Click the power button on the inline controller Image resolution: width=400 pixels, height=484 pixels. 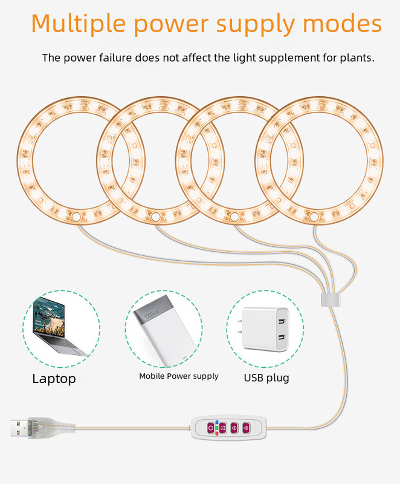211,428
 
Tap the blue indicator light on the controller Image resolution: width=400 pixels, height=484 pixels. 218,423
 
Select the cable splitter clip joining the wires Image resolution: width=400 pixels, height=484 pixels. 329,299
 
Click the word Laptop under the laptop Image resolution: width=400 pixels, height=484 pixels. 54,379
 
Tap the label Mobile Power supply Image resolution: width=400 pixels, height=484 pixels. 179,376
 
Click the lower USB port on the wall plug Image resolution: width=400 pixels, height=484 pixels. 281,337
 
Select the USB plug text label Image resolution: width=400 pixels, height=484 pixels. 266,378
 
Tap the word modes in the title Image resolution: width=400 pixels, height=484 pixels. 343,24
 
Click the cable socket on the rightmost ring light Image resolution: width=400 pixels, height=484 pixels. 315,216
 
